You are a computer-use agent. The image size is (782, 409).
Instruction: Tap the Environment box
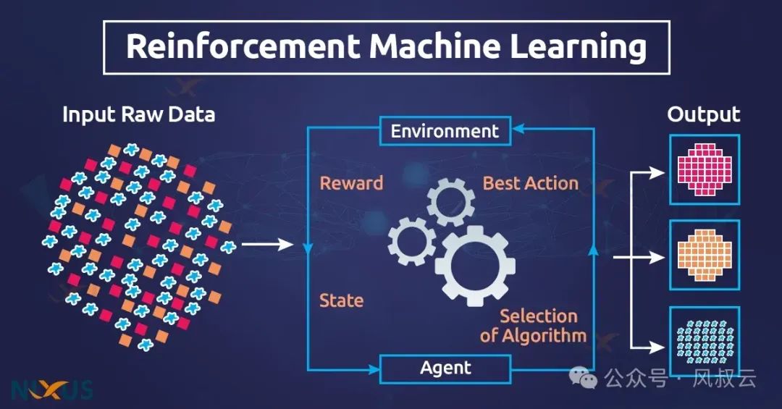[x=445, y=131]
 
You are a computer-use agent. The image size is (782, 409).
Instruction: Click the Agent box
[x=445, y=368]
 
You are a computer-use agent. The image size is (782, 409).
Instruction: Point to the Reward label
[x=351, y=183]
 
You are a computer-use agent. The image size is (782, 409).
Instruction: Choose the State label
[x=341, y=300]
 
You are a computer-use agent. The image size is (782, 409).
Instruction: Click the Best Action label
[x=531, y=183]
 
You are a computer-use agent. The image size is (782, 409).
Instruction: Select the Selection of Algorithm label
[x=534, y=326]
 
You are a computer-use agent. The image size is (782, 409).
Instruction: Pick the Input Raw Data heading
[x=138, y=114]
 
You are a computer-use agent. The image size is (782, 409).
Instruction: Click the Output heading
[x=703, y=114]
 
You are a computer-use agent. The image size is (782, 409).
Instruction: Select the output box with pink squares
[x=704, y=169]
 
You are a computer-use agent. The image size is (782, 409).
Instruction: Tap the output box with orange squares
[x=704, y=255]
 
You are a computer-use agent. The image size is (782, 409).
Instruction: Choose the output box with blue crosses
[x=704, y=340]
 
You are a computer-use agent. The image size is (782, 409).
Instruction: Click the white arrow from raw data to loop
[x=266, y=245]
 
